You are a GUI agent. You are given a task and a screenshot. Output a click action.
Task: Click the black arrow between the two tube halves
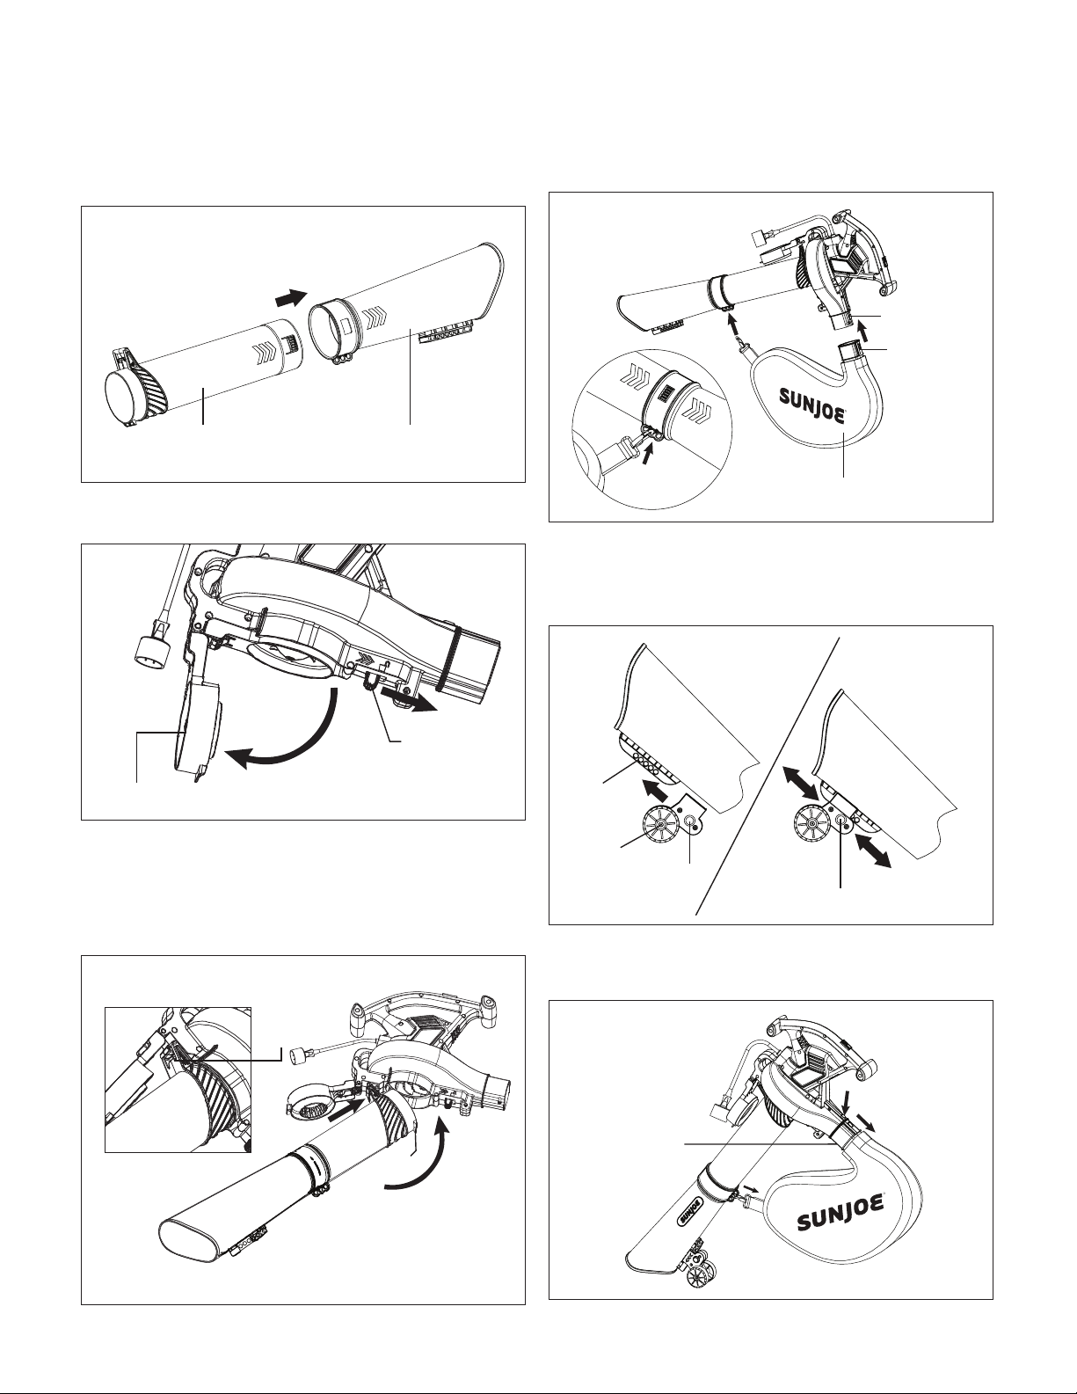(x=290, y=298)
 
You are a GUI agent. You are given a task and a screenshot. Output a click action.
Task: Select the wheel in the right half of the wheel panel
(x=811, y=824)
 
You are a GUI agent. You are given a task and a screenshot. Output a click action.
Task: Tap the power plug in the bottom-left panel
(x=300, y=1055)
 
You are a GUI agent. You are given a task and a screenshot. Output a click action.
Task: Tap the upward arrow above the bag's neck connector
(x=865, y=332)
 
